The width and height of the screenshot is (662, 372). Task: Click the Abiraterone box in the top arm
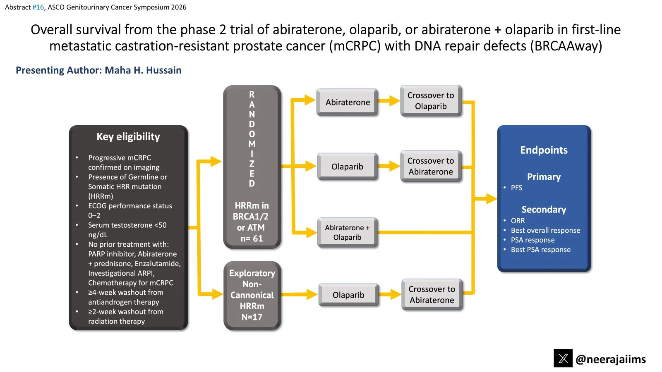coord(348,102)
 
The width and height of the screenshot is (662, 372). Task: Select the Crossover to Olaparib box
coord(431,101)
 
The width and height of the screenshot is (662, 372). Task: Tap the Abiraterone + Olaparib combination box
coord(347,232)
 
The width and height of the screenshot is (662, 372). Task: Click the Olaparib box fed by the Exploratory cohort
coord(348,295)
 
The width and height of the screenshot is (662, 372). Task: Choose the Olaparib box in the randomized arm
coord(347,167)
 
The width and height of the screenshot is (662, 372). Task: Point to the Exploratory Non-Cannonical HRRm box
coord(252,295)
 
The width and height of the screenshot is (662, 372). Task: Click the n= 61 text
coord(252,238)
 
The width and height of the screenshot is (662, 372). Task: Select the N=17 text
coord(252,317)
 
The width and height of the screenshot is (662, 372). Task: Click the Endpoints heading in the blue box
coord(544,150)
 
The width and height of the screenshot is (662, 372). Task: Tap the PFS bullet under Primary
coord(516,188)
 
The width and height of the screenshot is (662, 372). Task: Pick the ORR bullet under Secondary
coord(518,221)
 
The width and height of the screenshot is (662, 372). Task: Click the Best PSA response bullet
coord(540,250)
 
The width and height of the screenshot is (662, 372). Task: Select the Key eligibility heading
coord(128,137)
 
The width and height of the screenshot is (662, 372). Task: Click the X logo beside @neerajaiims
coord(563,358)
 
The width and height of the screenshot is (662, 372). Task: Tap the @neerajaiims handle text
coord(611,359)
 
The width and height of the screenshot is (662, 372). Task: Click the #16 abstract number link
coord(38,7)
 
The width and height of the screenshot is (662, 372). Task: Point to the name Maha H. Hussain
coord(143,70)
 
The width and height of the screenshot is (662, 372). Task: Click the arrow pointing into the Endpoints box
coord(486,199)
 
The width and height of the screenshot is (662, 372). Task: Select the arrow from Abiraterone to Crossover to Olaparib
coord(389,101)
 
